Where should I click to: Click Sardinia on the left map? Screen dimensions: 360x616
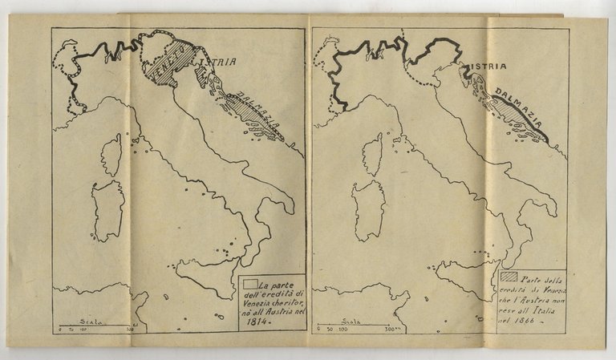[107, 210]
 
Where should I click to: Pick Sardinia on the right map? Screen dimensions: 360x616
[367, 210]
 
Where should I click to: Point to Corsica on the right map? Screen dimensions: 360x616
[371, 154]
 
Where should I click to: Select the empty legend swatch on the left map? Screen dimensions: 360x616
[251, 283]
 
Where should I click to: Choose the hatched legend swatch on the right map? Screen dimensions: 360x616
[511, 277]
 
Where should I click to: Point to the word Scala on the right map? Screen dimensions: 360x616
[342, 318]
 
